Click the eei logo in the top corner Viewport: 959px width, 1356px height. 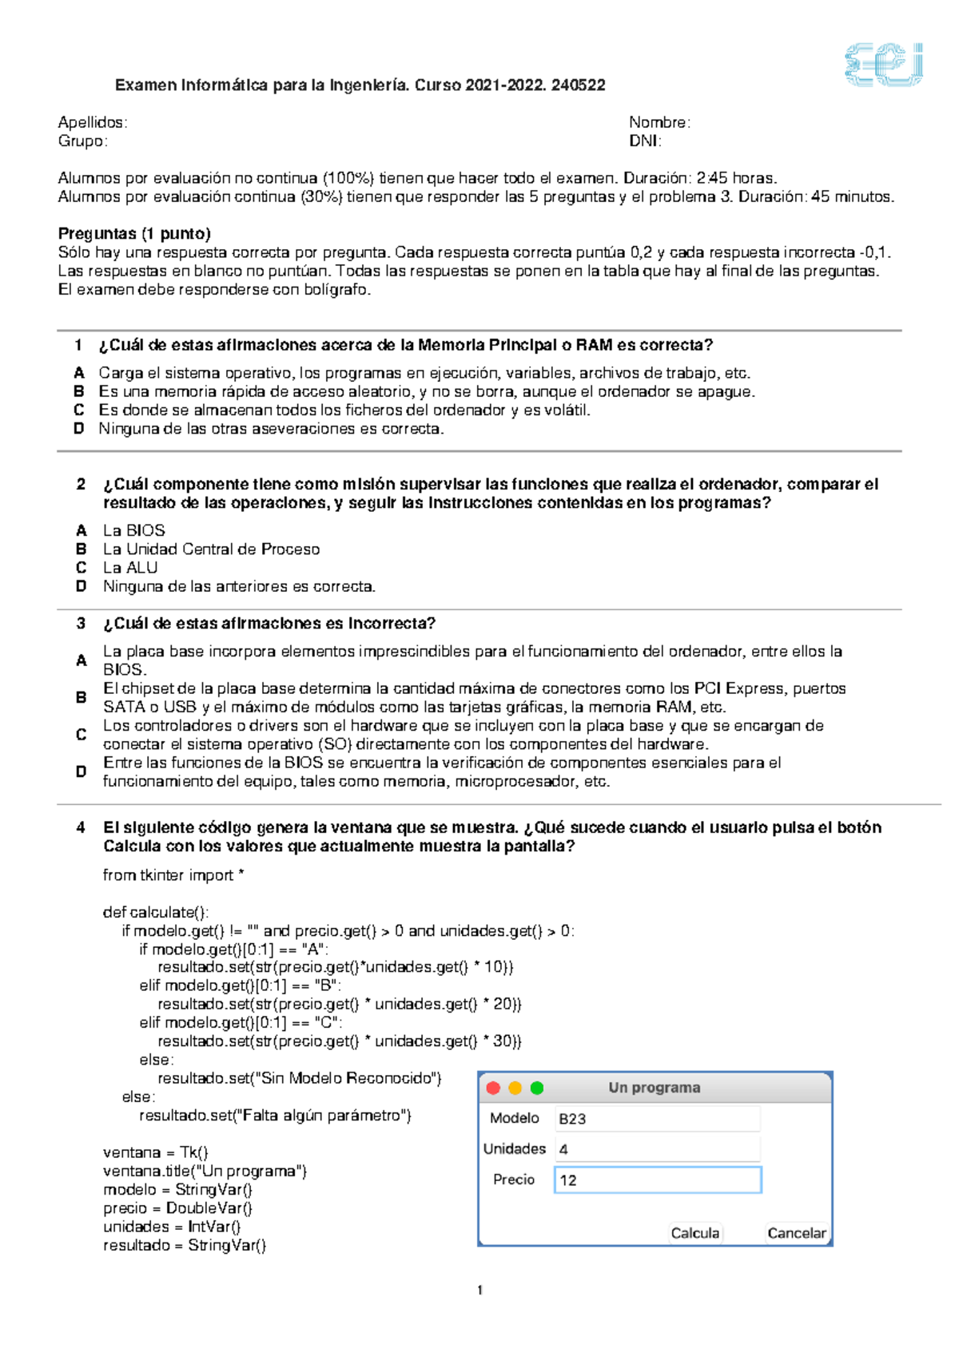click(884, 65)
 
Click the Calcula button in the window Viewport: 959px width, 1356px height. click(694, 1233)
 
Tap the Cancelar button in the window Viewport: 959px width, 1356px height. click(796, 1233)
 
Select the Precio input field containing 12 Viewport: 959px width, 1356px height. click(658, 1180)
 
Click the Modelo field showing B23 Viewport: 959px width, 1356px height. click(658, 1119)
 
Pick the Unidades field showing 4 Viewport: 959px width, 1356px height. click(658, 1149)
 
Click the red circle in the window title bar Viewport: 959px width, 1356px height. click(493, 1088)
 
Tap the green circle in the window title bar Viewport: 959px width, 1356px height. click(537, 1088)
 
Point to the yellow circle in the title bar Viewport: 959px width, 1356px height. click(515, 1088)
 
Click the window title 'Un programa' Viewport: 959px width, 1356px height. click(655, 1088)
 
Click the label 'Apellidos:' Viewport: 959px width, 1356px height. click(93, 122)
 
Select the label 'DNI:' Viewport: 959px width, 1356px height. click(645, 141)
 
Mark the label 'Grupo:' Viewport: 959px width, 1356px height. click(82, 141)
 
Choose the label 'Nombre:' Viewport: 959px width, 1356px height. click(659, 122)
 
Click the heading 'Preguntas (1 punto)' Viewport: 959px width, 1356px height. click(134, 233)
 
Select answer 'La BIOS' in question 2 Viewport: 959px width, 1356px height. click(133, 530)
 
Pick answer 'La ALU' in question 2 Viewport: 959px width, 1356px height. click(130, 568)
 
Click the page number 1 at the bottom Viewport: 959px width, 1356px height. click(479, 1290)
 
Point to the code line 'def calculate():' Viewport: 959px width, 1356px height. click(156, 912)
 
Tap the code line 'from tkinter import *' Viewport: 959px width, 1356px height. click(173, 875)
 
